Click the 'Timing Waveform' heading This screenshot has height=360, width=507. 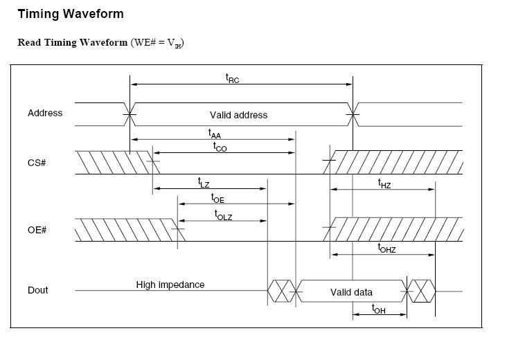pyautogui.click(x=71, y=13)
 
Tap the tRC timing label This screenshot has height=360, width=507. pyautogui.click(x=233, y=78)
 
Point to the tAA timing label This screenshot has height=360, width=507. pyautogui.click(x=215, y=133)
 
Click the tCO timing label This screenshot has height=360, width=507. pyautogui.click(x=220, y=146)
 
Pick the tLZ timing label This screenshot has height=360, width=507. pyautogui.click(x=204, y=183)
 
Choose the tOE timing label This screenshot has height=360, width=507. pyautogui.click(x=217, y=198)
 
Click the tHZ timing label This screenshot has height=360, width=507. pyautogui.click(x=384, y=183)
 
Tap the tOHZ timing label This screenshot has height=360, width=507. pyautogui.click(x=386, y=248)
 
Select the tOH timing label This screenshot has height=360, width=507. pyautogui.click(x=378, y=309)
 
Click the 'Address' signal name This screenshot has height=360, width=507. pyautogui.click(x=45, y=113)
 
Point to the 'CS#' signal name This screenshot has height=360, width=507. pyautogui.click(x=37, y=163)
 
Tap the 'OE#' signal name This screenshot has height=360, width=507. pyautogui.click(x=37, y=230)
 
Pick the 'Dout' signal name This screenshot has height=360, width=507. pyautogui.click(x=38, y=290)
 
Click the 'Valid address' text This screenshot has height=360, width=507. pyautogui.click(x=238, y=115)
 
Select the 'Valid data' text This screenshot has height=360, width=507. pyautogui.click(x=351, y=292)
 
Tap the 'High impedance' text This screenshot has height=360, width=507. pyautogui.click(x=170, y=285)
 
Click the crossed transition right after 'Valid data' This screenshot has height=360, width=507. pyautogui.click(x=422, y=291)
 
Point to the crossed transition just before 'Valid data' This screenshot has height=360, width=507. pyautogui.click(x=281, y=291)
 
